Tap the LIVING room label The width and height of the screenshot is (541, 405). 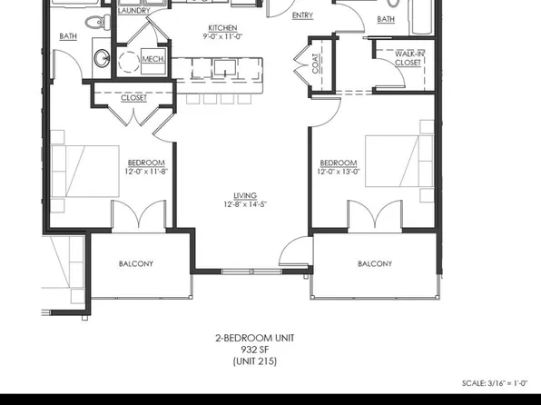(244, 195)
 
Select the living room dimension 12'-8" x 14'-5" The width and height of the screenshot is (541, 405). (244, 205)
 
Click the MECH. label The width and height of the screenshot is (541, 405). (152, 60)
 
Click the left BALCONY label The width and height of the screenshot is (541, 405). (136, 264)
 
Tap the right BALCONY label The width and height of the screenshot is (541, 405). (375, 264)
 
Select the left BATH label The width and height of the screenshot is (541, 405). (68, 37)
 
